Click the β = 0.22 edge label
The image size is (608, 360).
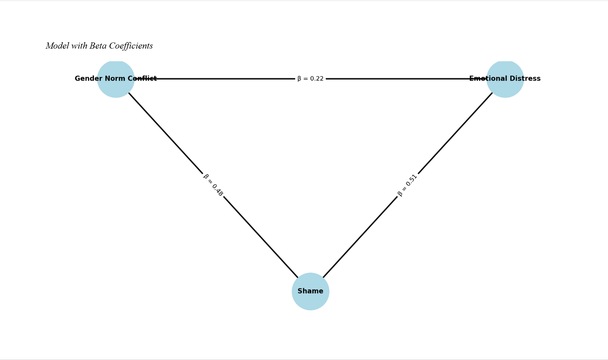pos(310,79)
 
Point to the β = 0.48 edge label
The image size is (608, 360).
pos(213,185)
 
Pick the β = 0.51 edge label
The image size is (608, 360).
pos(407,185)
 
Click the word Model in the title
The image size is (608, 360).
pos(57,46)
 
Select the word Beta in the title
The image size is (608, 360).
pos(98,46)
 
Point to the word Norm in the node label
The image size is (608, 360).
pos(115,79)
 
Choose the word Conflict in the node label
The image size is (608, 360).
pos(142,79)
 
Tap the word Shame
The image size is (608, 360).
pos(310,291)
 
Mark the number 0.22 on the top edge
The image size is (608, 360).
pos(317,79)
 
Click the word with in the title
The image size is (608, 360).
pos(79,46)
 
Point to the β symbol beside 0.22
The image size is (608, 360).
pos(299,79)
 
